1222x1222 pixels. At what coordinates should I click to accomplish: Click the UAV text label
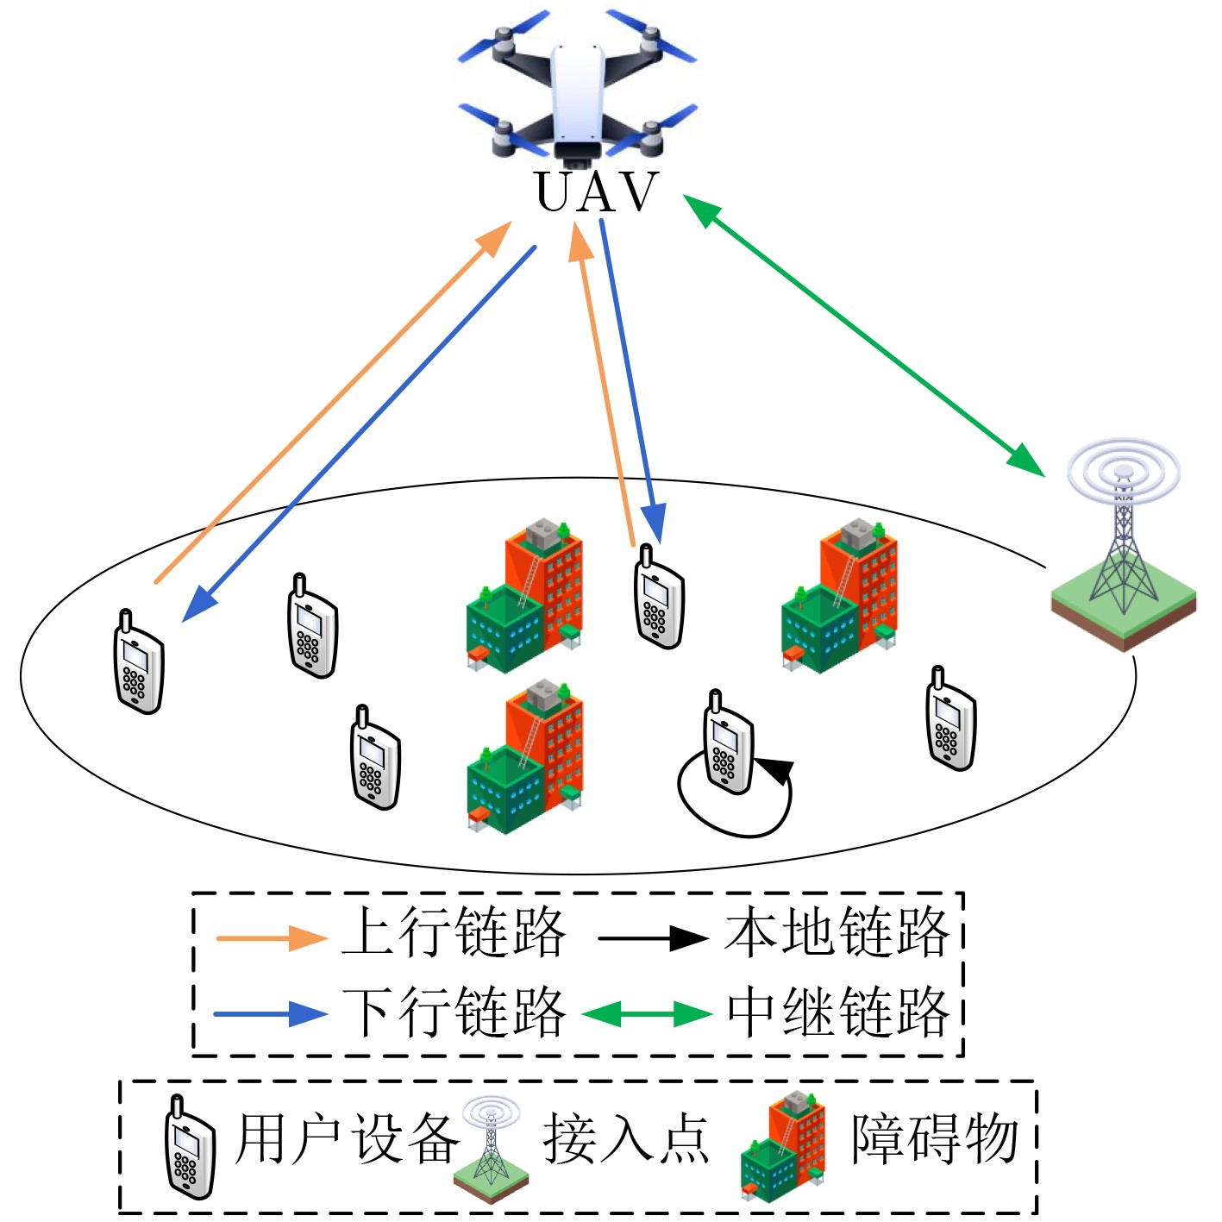point(597,191)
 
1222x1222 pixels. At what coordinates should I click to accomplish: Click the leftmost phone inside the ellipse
point(138,663)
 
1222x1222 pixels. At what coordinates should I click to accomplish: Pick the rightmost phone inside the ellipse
point(950,719)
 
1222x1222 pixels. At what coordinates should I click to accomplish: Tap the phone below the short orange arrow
point(659,598)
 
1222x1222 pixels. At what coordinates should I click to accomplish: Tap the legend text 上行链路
point(454,932)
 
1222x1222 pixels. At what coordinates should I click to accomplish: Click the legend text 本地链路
point(837,932)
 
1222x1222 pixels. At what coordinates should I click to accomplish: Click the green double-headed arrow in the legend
point(647,1013)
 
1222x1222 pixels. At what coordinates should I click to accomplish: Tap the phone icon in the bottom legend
point(188,1149)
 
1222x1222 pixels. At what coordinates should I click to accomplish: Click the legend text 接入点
point(626,1139)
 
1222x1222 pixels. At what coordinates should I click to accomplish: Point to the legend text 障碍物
point(935,1139)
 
